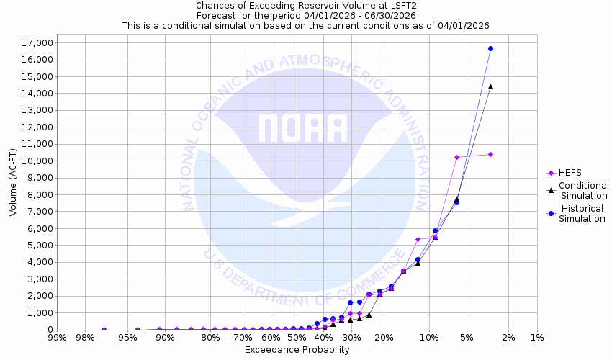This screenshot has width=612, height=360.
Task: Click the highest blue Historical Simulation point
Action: [490, 48]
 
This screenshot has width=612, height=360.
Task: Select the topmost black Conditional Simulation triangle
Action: [490, 86]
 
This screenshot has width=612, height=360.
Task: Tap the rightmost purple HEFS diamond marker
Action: [490, 154]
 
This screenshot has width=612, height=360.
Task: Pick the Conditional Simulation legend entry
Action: [584, 190]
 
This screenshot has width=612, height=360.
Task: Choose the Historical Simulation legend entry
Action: [582, 213]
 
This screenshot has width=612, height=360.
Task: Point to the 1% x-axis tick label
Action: [536, 338]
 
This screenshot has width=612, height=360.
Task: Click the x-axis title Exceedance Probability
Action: [297, 350]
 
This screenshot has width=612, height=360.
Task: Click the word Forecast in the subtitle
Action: [217, 15]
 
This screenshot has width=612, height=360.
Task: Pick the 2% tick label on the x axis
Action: [508, 338]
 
